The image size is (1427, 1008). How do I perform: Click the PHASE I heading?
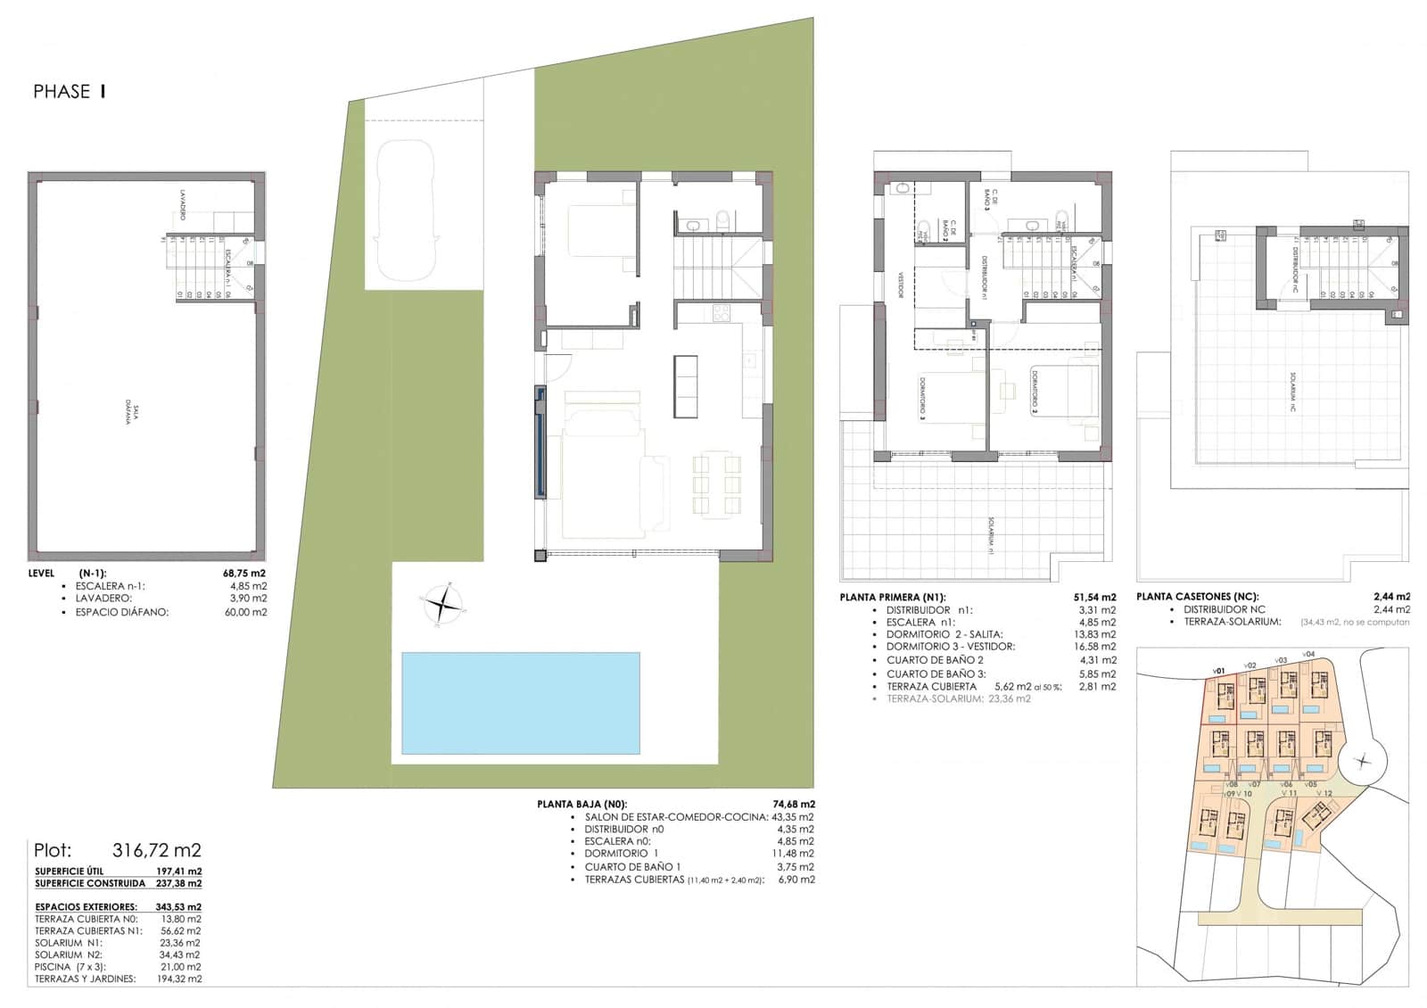tap(70, 91)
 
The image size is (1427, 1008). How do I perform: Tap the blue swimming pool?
tap(520, 703)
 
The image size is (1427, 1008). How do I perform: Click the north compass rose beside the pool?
tap(443, 606)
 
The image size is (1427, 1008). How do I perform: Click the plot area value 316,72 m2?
tap(157, 850)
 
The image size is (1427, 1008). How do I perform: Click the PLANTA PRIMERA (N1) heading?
tap(892, 598)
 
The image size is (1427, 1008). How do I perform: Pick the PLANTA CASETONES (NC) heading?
tap(1197, 597)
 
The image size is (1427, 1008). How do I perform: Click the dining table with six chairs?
tap(717, 485)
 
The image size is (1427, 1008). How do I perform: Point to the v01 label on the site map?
tap(1218, 670)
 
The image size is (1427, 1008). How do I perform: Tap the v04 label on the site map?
tap(1308, 655)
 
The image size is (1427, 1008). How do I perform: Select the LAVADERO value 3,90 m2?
tap(248, 599)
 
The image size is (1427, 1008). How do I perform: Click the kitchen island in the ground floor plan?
tap(685, 386)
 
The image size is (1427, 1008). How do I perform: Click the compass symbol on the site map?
tap(1362, 761)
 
